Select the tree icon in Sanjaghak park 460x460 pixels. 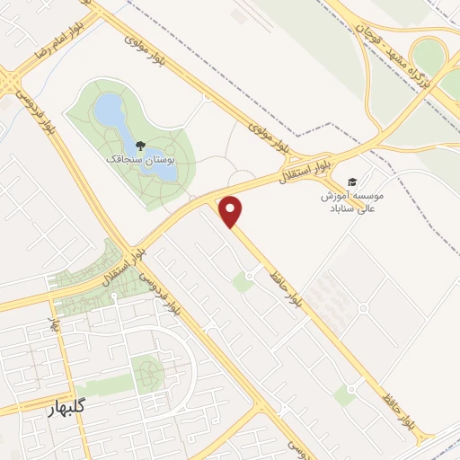click(x=139, y=144)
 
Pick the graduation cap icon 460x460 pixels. click(x=351, y=181)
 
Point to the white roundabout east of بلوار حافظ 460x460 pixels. click(x=363, y=307)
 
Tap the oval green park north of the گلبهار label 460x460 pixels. click(x=145, y=372)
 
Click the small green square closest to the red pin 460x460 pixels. click(x=242, y=283)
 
